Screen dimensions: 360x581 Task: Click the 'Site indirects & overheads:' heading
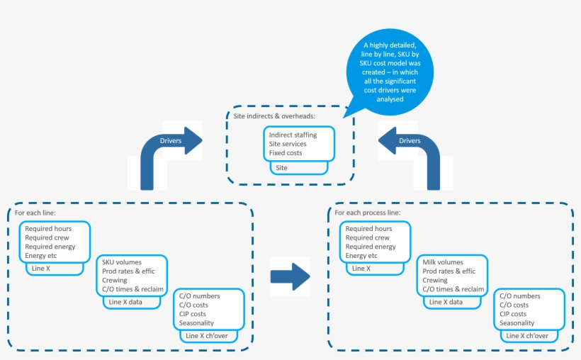[x=275, y=116]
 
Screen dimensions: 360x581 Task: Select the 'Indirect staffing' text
[x=293, y=135]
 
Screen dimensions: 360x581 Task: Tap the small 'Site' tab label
[x=281, y=168]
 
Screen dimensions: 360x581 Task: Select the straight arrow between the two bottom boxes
[x=290, y=275]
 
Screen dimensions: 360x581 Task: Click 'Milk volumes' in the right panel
[x=444, y=262]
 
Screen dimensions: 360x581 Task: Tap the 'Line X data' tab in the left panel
[x=127, y=302]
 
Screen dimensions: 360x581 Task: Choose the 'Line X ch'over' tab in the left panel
[x=206, y=335]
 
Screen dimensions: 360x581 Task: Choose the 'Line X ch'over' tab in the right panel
[x=528, y=335]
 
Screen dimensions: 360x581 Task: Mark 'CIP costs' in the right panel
[x=513, y=314]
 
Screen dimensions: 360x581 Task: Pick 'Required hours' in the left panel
[x=48, y=229]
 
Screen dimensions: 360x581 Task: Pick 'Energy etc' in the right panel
[x=361, y=256]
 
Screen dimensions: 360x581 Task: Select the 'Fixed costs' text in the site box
[x=286, y=153]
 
